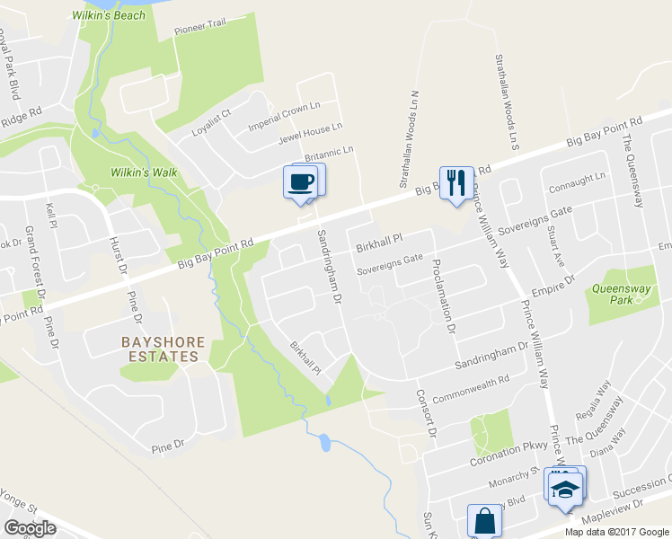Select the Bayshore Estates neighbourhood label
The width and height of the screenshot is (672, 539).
(x=160, y=349)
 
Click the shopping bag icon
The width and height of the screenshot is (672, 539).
(x=484, y=520)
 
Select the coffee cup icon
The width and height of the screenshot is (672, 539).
(x=301, y=181)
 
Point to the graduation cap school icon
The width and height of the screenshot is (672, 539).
(x=563, y=487)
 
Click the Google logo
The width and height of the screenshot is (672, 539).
(x=30, y=528)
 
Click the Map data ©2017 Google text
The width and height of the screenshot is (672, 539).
(x=616, y=531)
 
